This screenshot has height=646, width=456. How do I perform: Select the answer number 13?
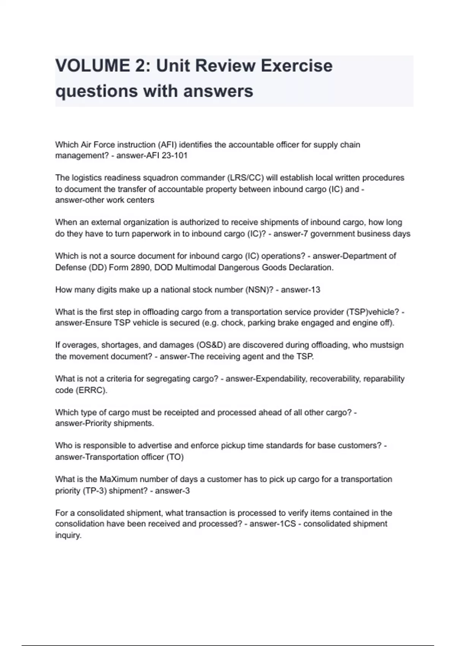(x=315, y=290)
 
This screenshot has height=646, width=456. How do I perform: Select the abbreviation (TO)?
(x=175, y=457)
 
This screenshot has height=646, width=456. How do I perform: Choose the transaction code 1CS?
(x=288, y=524)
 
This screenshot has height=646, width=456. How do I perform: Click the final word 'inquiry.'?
(x=68, y=535)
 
